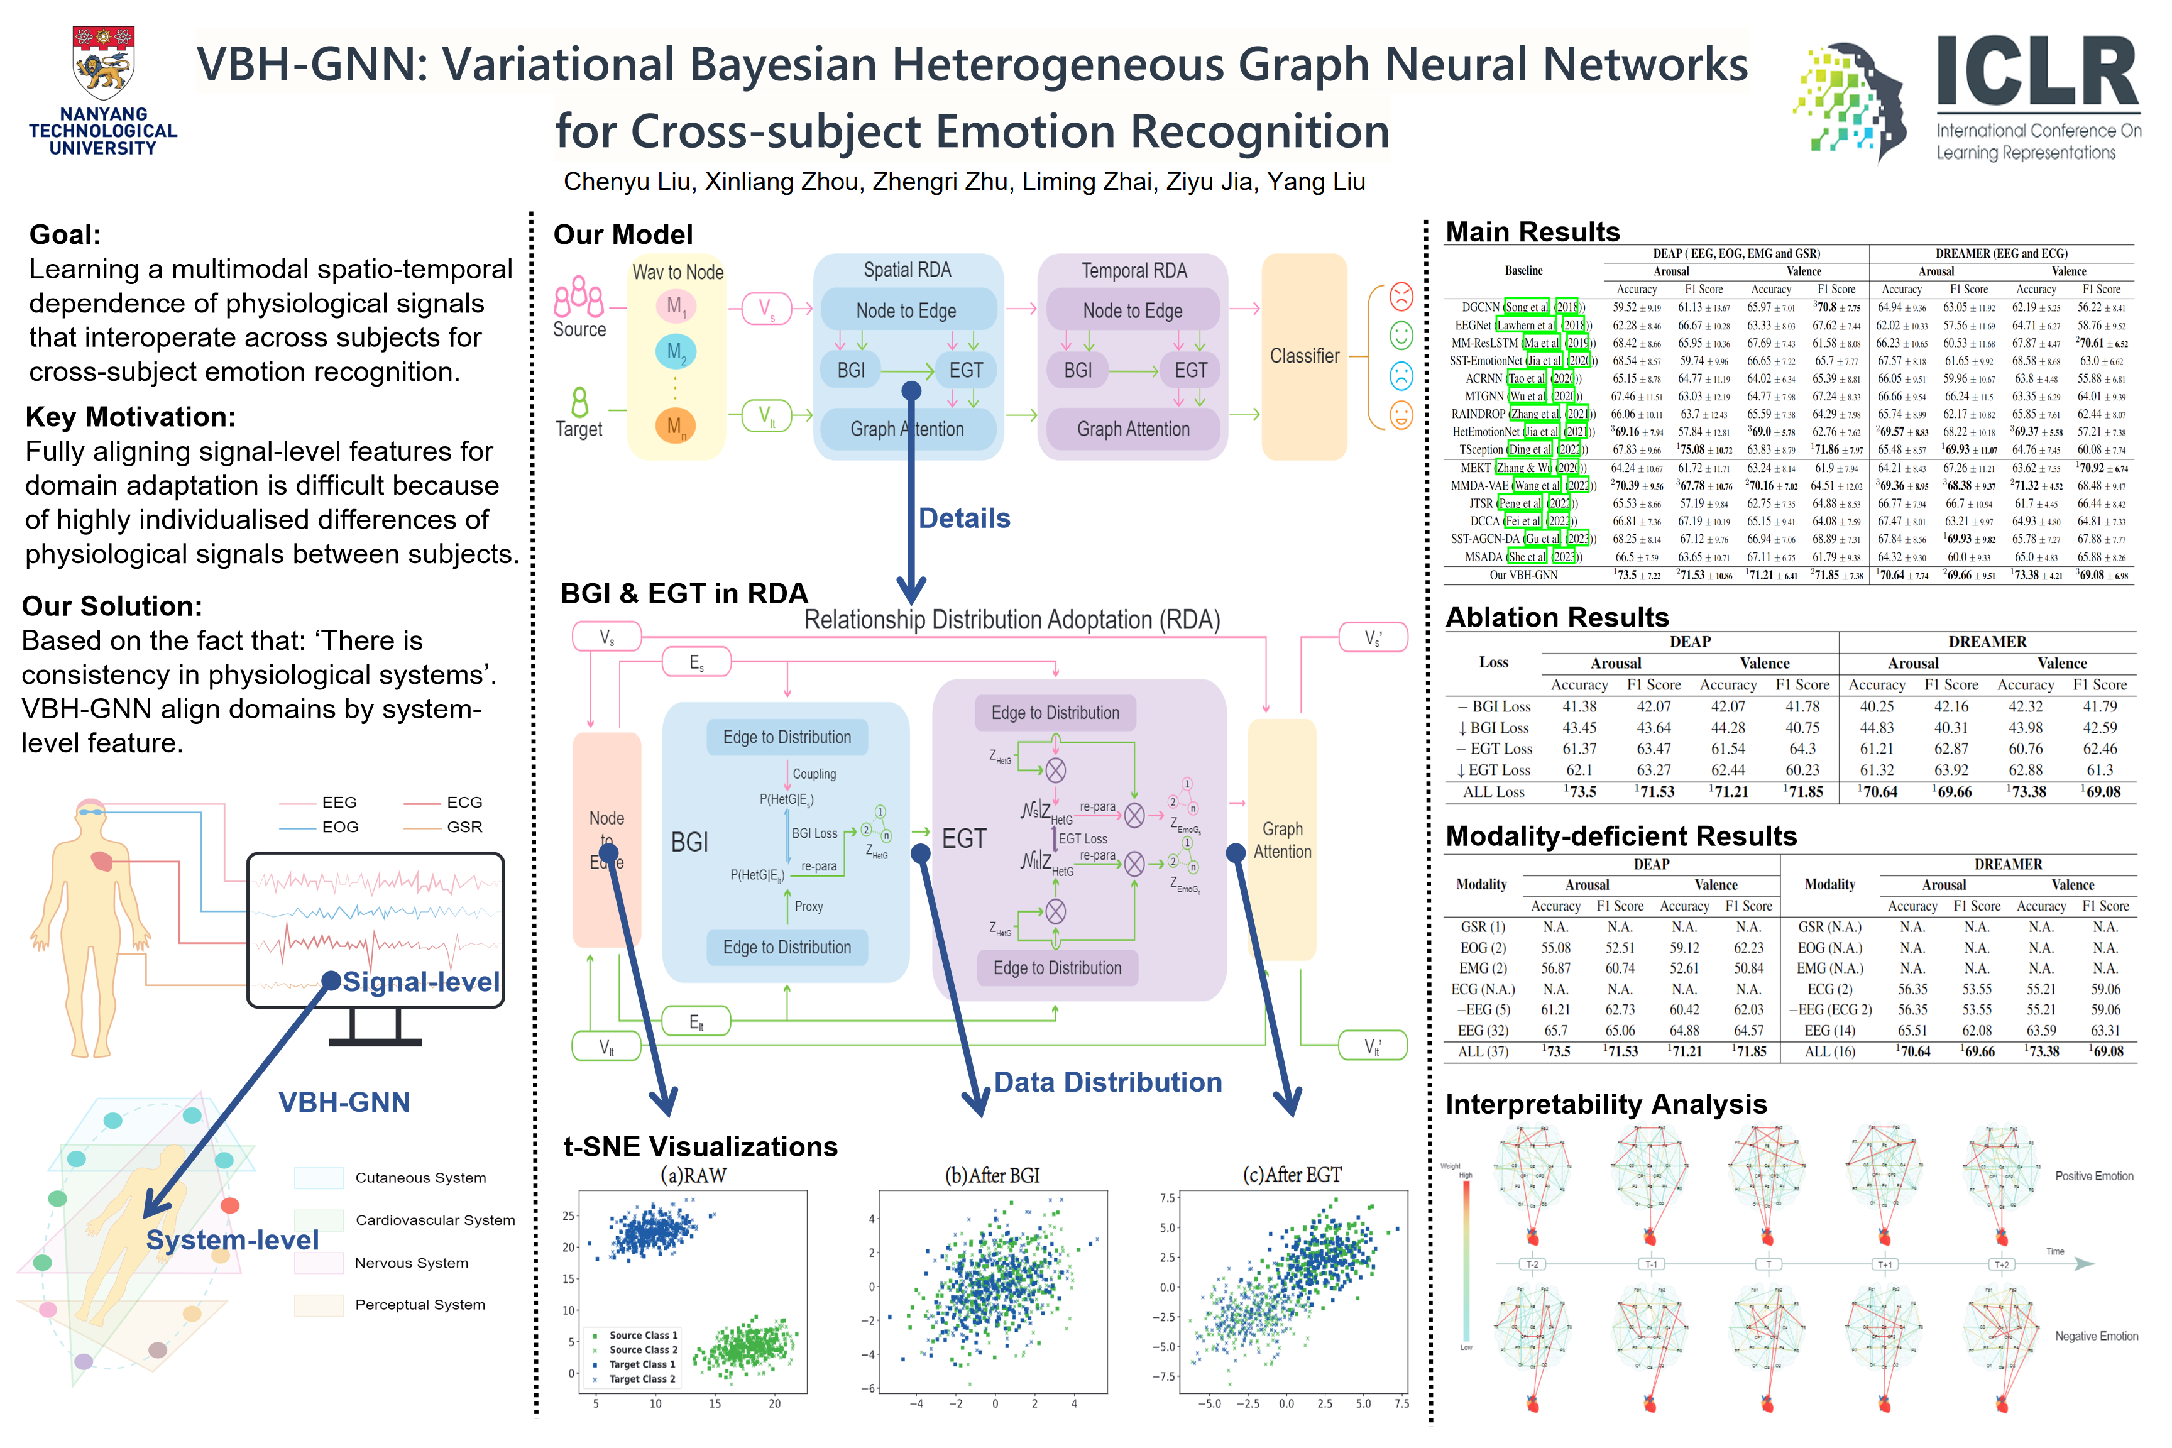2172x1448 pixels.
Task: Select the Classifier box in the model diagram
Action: click(x=1304, y=356)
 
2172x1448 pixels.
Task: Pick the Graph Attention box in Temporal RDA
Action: click(x=1133, y=429)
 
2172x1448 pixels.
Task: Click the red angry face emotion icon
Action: click(x=1401, y=297)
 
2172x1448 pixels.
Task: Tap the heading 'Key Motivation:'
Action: click(x=130, y=417)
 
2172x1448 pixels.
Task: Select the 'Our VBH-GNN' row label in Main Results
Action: click(x=1523, y=575)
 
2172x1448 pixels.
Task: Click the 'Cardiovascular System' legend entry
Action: click(x=435, y=1220)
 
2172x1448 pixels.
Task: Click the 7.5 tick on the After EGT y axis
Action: click(x=1167, y=1198)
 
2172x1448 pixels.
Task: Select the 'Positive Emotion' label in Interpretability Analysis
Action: click(x=2093, y=1176)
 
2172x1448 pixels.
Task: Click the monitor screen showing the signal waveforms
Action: click(x=375, y=928)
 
